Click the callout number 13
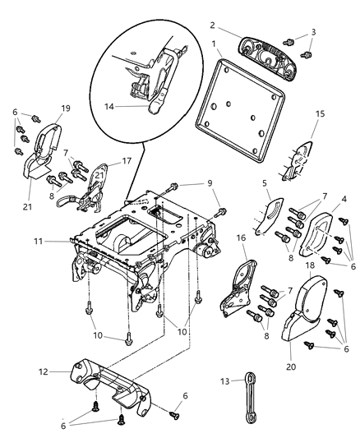tap(225, 380)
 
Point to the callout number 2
tap(211, 25)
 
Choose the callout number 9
tap(209, 182)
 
